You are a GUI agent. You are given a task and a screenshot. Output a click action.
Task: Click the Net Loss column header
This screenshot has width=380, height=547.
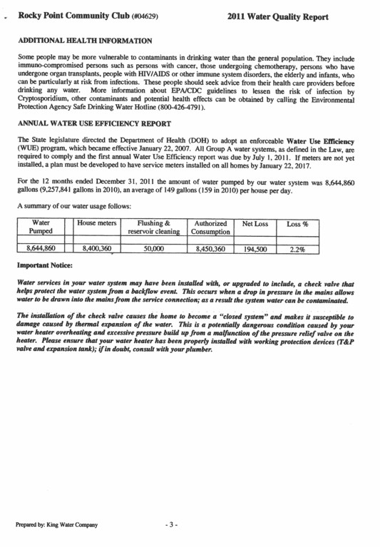tap(255, 223)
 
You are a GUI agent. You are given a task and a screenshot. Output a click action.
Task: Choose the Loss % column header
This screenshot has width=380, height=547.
tap(297, 223)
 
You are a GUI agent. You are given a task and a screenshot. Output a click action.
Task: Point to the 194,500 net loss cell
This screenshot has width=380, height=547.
tap(255, 249)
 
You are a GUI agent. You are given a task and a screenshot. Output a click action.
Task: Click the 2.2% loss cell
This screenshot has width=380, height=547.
tap(297, 249)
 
